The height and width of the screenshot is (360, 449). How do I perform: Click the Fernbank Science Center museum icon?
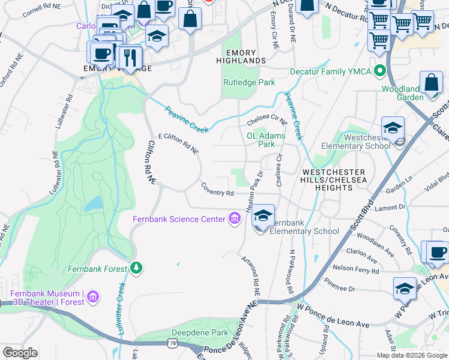click(x=234, y=219)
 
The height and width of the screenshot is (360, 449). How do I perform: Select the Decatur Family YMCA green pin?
click(x=379, y=71)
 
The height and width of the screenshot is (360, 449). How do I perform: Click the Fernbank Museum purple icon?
click(x=92, y=297)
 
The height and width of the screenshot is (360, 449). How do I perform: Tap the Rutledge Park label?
click(x=249, y=82)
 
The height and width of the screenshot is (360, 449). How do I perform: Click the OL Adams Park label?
click(x=266, y=140)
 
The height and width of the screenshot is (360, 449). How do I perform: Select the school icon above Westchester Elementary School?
click(x=393, y=128)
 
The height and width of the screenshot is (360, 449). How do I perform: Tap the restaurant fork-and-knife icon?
click(x=127, y=56)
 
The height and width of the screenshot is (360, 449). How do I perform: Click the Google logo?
click(x=20, y=353)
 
